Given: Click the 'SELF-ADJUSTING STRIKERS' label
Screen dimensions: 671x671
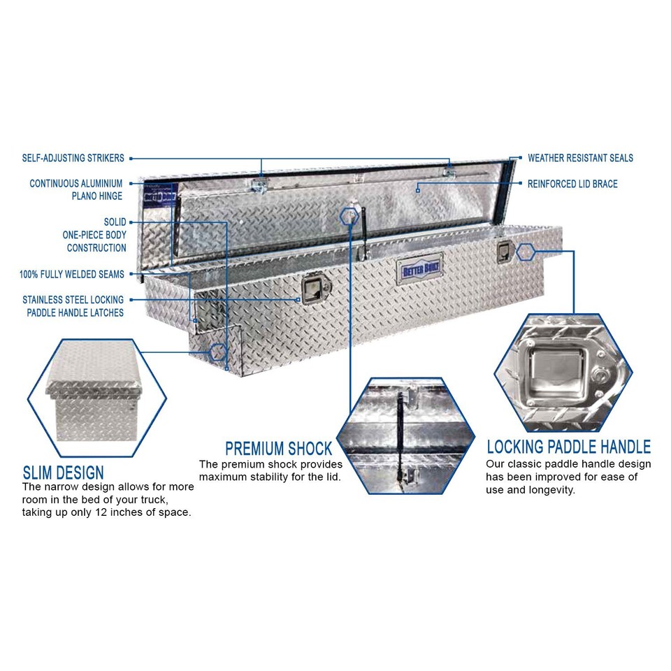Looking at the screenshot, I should pyautogui.click(x=73, y=159).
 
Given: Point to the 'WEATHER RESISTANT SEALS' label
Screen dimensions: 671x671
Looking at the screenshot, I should pyautogui.click(x=580, y=159).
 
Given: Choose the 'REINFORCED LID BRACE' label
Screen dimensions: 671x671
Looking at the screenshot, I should pyautogui.click(x=572, y=185).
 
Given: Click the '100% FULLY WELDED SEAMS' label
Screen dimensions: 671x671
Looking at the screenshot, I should pyautogui.click(x=72, y=275).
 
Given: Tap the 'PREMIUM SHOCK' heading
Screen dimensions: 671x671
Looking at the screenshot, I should pyautogui.click(x=278, y=448).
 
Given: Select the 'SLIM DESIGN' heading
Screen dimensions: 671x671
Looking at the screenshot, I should pyautogui.click(x=63, y=472).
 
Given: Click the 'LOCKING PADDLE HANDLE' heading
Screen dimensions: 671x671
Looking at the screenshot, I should pyautogui.click(x=568, y=447).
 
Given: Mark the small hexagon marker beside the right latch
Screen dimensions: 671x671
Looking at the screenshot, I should pyautogui.click(x=525, y=252).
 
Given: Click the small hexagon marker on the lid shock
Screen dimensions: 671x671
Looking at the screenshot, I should pyautogui.click(x=347, y=217).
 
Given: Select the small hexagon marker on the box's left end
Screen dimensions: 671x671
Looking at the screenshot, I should pyautogui.click(x=218, y=352).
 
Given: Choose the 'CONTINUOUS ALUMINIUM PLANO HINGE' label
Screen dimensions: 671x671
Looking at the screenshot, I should pyautogui.click(x=76, y=190).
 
